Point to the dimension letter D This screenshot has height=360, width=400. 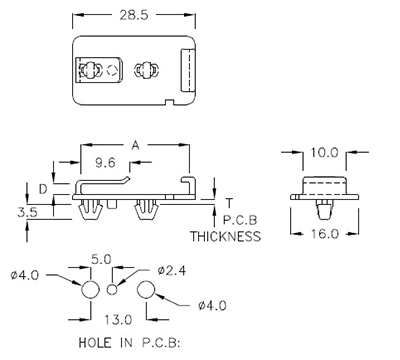pyautogui.click(x=42, y=188)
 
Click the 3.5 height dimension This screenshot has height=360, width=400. pyautogui.click(x=29, y=212)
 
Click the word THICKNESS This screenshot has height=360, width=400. pyautogui.click(x=225, y=237)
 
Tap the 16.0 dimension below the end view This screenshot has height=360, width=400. pyautogui.click(x=319, y=233)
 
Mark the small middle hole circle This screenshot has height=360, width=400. pyautogui.click(x=113, y=291)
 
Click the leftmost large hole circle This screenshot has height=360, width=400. pyautogui.click(x=88, y=291)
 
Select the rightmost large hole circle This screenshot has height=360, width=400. pyautogui.click(x=146, y=291)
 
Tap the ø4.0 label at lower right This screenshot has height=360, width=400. pyautogui.click(x=211, y=306)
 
